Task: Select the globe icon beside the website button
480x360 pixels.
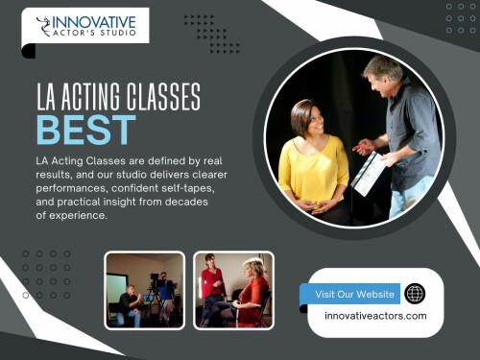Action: [415, 294]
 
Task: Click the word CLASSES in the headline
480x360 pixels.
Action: [157, 96]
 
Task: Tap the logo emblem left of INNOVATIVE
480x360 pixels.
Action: [42, 26]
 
